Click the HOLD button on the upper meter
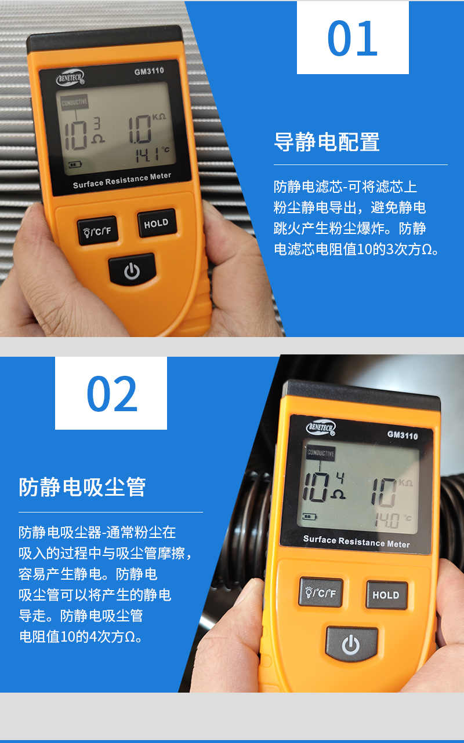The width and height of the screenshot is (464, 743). tap(157, 223)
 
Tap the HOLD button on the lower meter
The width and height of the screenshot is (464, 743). tap(386, 595)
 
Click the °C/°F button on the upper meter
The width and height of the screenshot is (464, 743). tap(97, 231)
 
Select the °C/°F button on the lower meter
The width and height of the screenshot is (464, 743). tap(321, 592)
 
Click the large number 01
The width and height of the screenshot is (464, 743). tap(353, 38)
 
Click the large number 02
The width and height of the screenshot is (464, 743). tap(112, 393)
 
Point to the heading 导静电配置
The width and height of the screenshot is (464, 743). tap(327, 142)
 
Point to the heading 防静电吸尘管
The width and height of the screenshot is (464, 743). tap(82, 487)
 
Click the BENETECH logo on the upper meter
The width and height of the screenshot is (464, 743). tap(70, 78)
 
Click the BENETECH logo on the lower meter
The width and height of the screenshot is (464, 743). tap(321, 427)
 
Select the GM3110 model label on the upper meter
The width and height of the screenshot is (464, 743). tap(149, 71)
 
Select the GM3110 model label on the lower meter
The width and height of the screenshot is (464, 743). tap(403, 435)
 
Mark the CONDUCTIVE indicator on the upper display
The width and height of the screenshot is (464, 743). tap(74, 103)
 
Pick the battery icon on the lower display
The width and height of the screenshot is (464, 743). tap(309, 517)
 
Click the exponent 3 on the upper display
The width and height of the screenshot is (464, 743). tap(97, 123)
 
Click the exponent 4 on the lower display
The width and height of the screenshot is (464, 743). tap(340, 478)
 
